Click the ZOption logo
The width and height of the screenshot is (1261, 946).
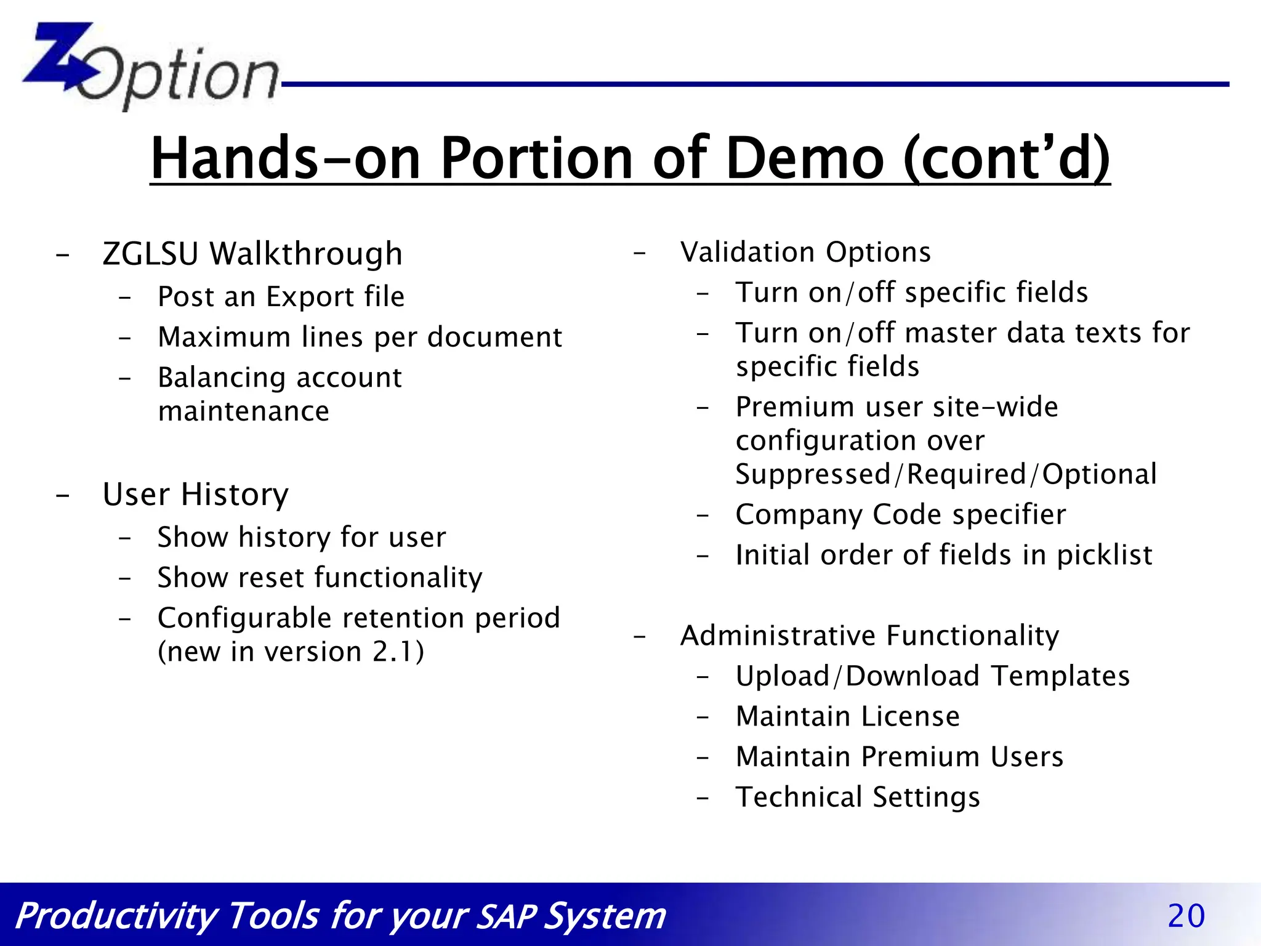151,67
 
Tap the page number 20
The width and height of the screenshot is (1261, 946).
1185,916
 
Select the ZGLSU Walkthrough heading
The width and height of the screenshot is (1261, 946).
252,254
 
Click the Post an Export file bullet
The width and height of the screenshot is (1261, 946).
281,297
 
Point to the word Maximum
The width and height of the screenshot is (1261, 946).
224,337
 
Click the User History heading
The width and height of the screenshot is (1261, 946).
195,495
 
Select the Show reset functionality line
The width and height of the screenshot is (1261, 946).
320,578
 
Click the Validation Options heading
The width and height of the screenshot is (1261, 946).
805,252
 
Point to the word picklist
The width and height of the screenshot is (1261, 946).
1104,556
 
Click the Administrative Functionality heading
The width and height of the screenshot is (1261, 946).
869,636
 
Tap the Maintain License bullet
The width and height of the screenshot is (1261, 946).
847,716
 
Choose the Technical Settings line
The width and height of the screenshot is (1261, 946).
857,797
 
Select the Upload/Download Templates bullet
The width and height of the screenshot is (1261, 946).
932,676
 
